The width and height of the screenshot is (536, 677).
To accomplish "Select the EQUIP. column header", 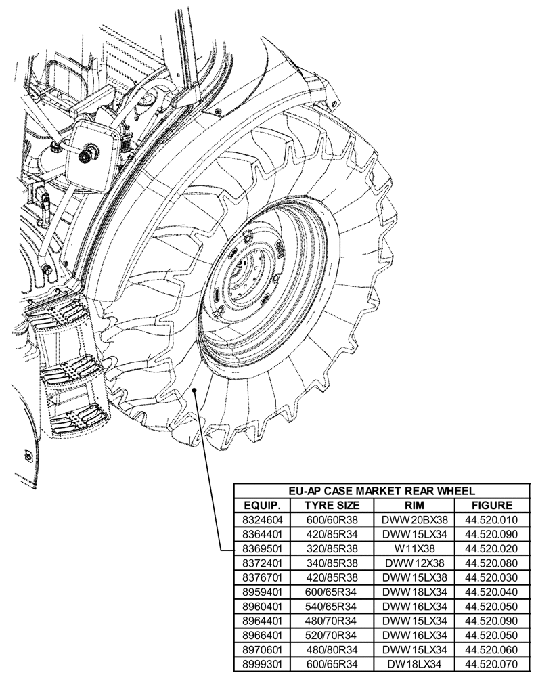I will point(262,506).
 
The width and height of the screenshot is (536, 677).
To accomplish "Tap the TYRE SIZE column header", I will point(332,506).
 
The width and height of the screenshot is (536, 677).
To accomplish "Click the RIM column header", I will point(414,506).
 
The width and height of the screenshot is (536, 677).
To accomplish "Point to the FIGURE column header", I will point(492,506).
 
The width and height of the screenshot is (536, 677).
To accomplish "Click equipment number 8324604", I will point(262,520).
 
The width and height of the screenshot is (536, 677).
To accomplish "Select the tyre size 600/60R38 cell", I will point(332,520).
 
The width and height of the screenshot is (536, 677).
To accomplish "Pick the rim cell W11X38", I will point(414,548).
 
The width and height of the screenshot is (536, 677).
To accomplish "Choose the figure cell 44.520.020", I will point(492,548).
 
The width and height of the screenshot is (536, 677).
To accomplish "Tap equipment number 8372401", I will point(262,563).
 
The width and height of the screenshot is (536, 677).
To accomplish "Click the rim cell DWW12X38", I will point(414,563).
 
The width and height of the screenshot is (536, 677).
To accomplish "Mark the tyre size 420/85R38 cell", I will point(332,577).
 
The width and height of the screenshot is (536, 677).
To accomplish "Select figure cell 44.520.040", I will point(492,591).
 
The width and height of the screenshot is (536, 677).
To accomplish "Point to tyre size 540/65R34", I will point(332,605).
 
